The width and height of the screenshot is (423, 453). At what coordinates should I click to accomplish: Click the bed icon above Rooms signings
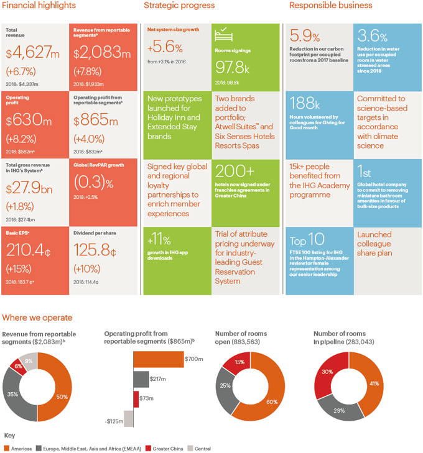[x=223, y=34]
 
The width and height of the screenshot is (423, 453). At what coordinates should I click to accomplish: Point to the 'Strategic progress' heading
[x=179, y=6]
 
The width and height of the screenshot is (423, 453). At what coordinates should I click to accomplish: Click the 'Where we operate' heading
[x=37, y=318]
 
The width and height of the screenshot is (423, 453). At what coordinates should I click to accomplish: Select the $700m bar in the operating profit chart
[x=157, y=359]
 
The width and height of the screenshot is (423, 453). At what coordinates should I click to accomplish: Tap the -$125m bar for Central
[x=129, y=418]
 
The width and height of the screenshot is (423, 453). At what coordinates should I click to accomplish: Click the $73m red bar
[x=136, y=399]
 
